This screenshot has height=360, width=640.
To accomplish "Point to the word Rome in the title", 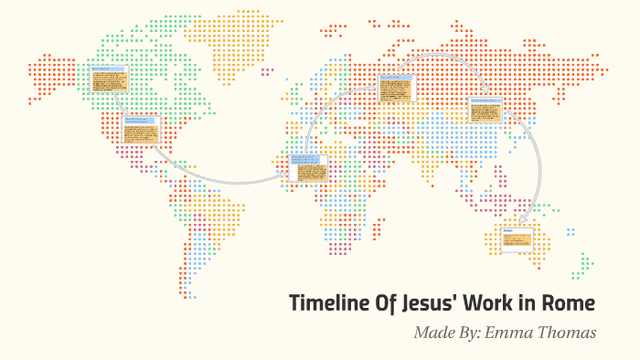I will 572,303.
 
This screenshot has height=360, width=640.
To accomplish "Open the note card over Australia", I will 517,240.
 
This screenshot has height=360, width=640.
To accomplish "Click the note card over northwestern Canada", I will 109,79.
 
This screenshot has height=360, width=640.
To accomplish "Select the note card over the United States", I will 141,131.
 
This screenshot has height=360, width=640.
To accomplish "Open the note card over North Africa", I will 308,169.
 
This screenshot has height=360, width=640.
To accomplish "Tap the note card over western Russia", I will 397,89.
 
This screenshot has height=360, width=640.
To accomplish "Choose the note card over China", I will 485,111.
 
